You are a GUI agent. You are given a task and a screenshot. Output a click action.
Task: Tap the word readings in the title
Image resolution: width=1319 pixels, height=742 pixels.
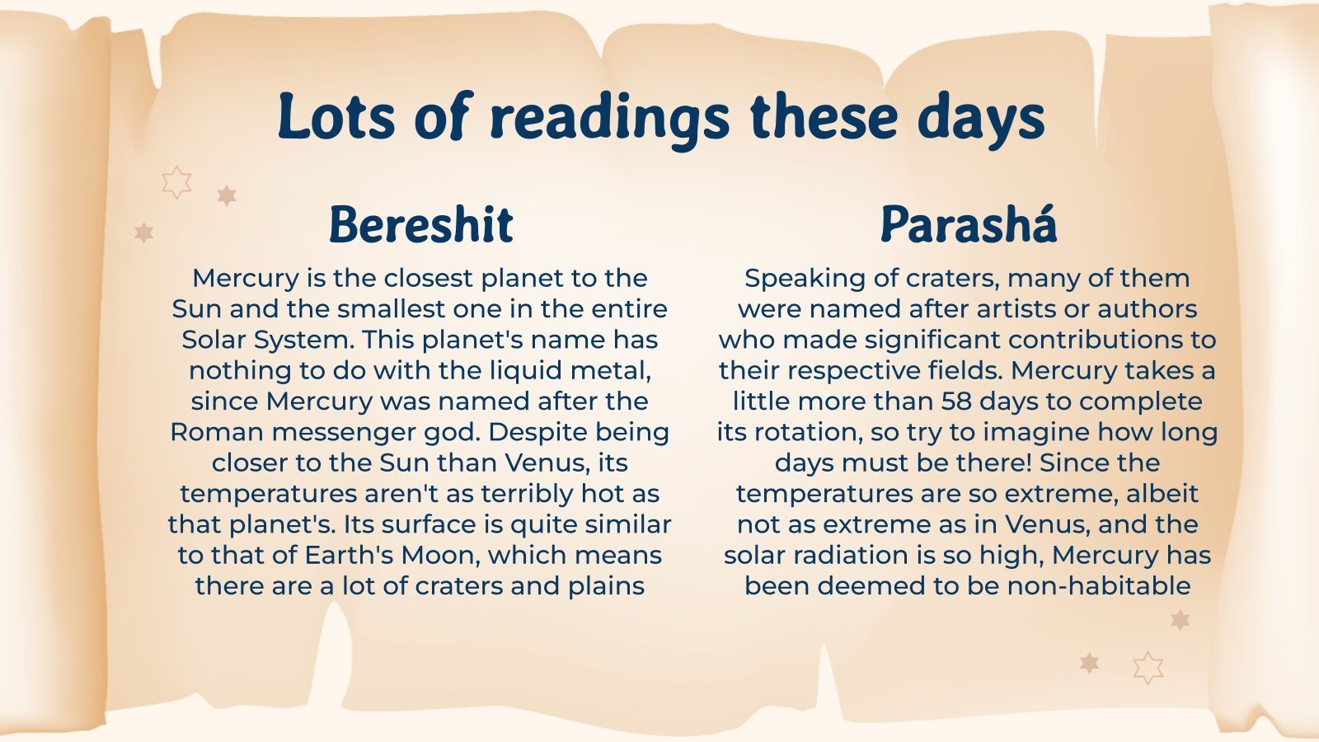point(609,120)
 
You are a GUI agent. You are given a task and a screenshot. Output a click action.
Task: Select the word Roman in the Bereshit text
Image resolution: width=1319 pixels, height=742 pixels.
point(217,432)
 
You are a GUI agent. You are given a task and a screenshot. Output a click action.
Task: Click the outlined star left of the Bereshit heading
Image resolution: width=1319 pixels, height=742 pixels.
point(176,182)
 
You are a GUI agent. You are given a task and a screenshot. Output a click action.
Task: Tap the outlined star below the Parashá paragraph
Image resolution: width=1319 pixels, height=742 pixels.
point(1148,668)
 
